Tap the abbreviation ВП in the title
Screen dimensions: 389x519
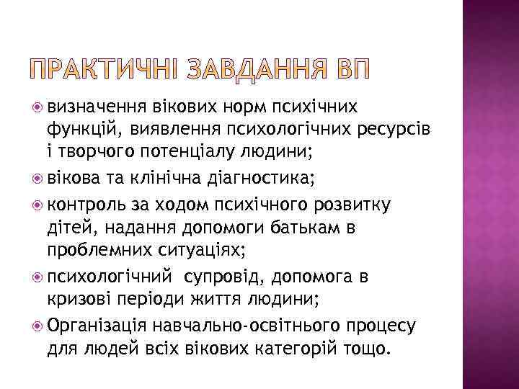[x=352, y=71]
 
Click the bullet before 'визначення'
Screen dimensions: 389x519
[x=38, y=107]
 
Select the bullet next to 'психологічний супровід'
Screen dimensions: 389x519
[x=38, y=277]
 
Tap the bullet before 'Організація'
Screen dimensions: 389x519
[x=38, y=326]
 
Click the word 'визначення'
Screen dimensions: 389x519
[x=97, y=107]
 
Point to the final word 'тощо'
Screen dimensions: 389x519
[x=368, y=349]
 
